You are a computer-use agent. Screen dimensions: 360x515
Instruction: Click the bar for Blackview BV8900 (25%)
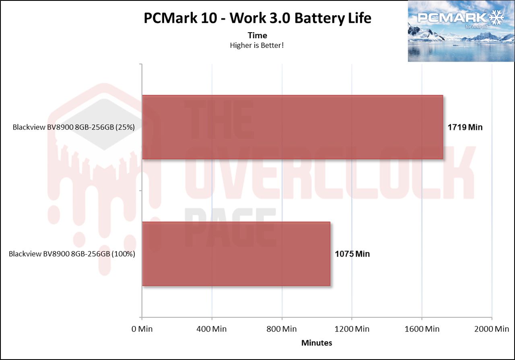pos(293,127)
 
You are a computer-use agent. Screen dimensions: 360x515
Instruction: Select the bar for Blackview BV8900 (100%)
pos(236,254)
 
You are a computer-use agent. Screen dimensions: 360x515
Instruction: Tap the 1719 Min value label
pos(465,128)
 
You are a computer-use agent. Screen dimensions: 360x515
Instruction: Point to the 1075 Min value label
pos(352,254)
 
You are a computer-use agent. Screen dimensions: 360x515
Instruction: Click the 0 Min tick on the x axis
pos(142,329)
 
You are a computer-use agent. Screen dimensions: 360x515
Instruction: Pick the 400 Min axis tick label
pos(212,329)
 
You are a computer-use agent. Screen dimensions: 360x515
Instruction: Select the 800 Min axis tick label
pos(282,329)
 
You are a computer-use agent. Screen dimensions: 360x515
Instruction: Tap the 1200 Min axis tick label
pos(352,329)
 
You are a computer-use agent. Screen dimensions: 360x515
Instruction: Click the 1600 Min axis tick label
pos(422,329)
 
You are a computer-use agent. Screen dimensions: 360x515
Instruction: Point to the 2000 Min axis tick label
pos(491,329)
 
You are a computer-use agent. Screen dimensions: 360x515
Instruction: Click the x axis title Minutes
pos(317,343)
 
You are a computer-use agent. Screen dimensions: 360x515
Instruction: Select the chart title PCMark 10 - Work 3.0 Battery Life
pos(257,19)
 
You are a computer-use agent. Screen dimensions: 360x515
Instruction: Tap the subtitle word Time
pos(257,35)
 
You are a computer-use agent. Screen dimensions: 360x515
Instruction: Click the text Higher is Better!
pos(257,45)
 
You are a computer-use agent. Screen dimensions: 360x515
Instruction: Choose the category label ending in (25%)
pos(74,128)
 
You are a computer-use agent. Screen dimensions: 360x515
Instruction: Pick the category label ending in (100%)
pos(72,254)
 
